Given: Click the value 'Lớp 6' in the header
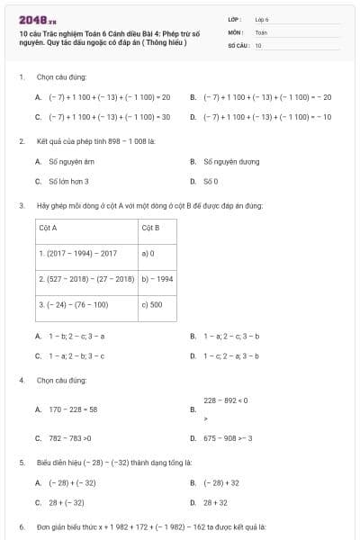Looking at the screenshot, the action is click(x=262, y=18).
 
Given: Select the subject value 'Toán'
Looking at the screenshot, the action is click(x=261, y=31).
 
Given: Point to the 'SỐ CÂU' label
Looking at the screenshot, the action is click(x=238, y=44).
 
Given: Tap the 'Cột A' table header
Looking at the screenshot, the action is click(x=48, y=229).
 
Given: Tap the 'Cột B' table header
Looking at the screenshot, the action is click(x=150, y=229).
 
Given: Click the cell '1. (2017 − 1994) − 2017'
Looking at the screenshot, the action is click(x=78, y=254).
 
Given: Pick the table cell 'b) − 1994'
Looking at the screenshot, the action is click(x=157, y=279).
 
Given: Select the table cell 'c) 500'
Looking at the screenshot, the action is click(x=152, y=304).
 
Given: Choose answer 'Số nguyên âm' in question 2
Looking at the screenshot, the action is click(x=71, y=162).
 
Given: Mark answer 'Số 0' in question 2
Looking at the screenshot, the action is click(x=211, y=181).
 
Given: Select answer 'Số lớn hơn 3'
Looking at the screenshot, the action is click(x=68, y=181).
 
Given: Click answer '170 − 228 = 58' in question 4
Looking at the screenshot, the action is click(x=73, y=409).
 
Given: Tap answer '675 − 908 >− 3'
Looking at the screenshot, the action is click(x=228, y=438).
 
